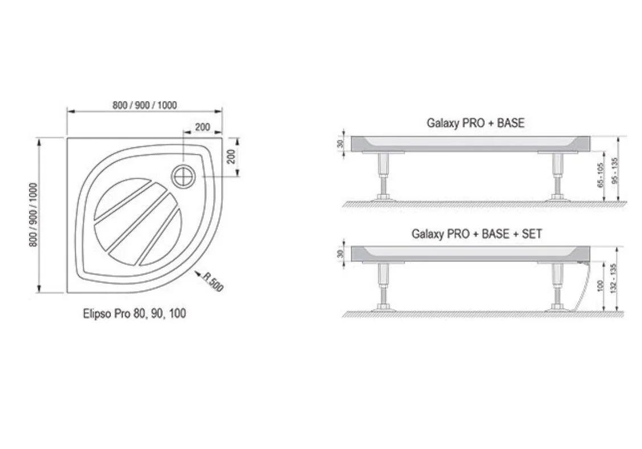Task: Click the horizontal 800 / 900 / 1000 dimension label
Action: coord(145,105)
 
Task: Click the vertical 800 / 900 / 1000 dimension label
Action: coord(33,215)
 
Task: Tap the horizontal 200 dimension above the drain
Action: coord(202,127)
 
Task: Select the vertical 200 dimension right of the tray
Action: coord(231,156)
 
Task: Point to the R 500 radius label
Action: coord(213,282)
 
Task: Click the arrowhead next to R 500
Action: coord(197,273)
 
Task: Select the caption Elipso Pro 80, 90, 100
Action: coord(134,314)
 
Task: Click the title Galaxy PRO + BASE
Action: coord(475,123)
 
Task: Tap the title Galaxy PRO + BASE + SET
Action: coord(477,234)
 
